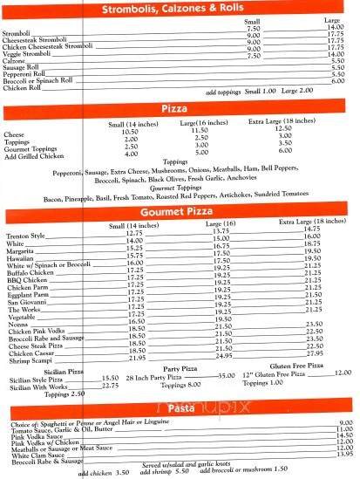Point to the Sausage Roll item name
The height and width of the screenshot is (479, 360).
click(23, 68)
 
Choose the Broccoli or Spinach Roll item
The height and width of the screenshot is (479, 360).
click(37, 82)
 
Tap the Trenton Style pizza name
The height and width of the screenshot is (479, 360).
click(26, 232)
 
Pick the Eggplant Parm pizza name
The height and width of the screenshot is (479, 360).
click(27, 294)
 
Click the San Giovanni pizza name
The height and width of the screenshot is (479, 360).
click(26, 302)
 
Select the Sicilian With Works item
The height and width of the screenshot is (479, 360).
click(37, 387)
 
